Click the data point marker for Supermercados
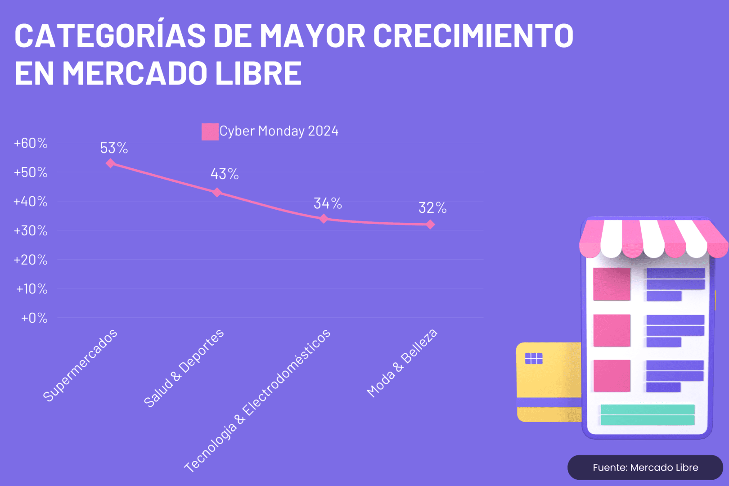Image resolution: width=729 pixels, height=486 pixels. tap(110, 163)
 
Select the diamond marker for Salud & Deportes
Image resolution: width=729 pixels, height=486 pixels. tap(217, 193)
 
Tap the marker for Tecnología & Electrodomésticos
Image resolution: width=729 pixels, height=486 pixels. tap(324, 219)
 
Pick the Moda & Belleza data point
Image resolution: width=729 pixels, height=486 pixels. tap(430, 225)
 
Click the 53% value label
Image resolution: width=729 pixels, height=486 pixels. tap(114, 148)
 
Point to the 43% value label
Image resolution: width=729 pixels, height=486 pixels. tap(225, 174)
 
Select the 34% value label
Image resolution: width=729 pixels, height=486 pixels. tap(328, 203)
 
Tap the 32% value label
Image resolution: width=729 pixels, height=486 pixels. tap(432, 208)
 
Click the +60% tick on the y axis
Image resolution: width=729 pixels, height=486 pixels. tap(31, 143)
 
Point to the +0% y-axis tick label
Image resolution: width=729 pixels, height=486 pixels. tap(34, 318)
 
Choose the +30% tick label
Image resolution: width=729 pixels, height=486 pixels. tap(31, 231)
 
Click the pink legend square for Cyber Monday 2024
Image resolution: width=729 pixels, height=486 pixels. tap(210, 131)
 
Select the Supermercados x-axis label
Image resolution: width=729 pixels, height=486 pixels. tap(80, 365)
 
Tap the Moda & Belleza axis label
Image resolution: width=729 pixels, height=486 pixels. tap(402, 363)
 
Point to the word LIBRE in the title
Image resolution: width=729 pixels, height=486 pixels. tap(258, 73)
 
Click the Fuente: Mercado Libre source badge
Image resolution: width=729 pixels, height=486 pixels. tap(645, 468)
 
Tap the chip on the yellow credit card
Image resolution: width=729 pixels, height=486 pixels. tap(534, 358)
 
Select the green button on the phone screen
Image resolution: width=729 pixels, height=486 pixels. tap(648, 414)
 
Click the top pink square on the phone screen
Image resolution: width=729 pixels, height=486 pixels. tap(612, 284)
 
